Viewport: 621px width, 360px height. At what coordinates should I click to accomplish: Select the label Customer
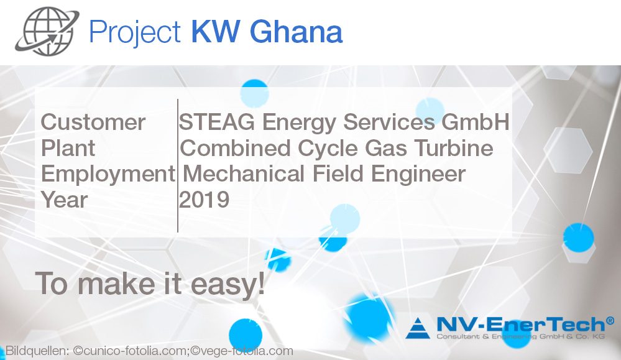(x=93, y=122)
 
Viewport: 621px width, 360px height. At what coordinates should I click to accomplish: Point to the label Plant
(x=68, y=149)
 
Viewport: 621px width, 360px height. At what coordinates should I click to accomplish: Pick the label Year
(x=65, y=200)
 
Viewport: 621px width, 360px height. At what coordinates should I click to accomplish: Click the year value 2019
(x=205, y=200)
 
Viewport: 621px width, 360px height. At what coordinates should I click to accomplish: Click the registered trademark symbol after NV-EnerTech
(x=610, y=320)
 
